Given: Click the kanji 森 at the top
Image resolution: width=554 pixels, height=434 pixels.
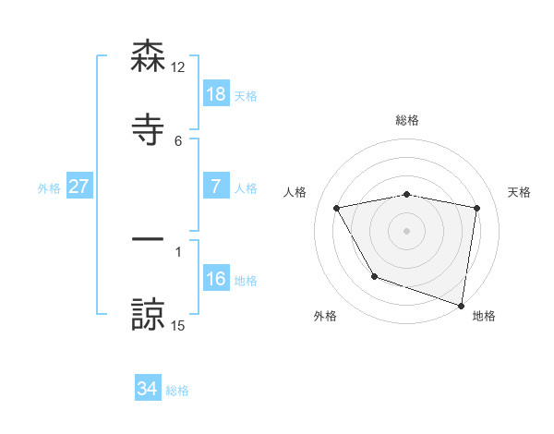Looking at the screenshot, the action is click(x=148, y=57).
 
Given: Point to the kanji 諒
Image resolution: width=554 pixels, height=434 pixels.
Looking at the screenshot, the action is click(x=148, y=314).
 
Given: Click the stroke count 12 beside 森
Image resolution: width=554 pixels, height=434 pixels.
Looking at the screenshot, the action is click(x=178, y=67).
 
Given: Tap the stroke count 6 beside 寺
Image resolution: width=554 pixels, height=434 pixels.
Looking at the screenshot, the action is click(x=178, y=141).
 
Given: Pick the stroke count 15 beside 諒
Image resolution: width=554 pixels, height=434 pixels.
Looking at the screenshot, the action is click(x=178, y=325).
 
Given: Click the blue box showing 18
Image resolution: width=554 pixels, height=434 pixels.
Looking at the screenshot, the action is click(x=216, y=94).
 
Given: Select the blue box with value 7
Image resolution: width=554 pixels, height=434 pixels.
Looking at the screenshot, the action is click(x=216, y=187).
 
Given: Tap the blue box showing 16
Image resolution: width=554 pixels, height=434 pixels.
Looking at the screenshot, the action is click(x=216, y=279).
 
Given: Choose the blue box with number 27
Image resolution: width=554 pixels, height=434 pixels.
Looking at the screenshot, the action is click(x=78, y=187).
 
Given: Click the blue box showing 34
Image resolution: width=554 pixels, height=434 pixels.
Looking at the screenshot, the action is click(x=148, y=389).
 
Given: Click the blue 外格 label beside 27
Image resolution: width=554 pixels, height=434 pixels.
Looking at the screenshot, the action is click(x=49, y=187).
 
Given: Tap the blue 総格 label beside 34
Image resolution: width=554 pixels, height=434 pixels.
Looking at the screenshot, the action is click(x=177, y=390).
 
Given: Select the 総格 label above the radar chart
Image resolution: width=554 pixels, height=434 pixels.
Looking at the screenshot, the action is click(x=407, y=121).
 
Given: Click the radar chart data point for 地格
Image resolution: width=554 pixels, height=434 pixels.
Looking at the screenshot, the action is click(x=461, y=305).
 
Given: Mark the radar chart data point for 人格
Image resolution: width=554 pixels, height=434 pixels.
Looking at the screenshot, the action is click(x=337, y=209).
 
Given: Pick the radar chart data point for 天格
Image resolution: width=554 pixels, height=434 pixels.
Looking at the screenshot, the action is click(x=477, y=209).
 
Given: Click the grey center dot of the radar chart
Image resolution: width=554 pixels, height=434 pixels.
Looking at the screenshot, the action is click(x=407, y=231).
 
